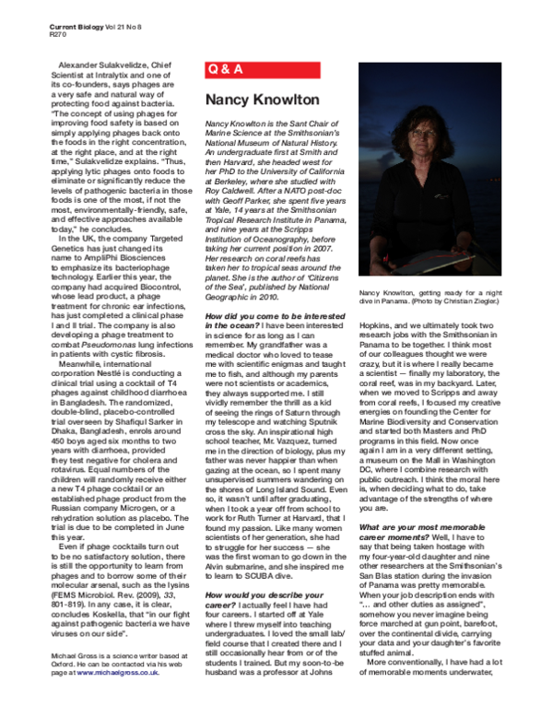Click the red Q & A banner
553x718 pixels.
click(x=276, y=67)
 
